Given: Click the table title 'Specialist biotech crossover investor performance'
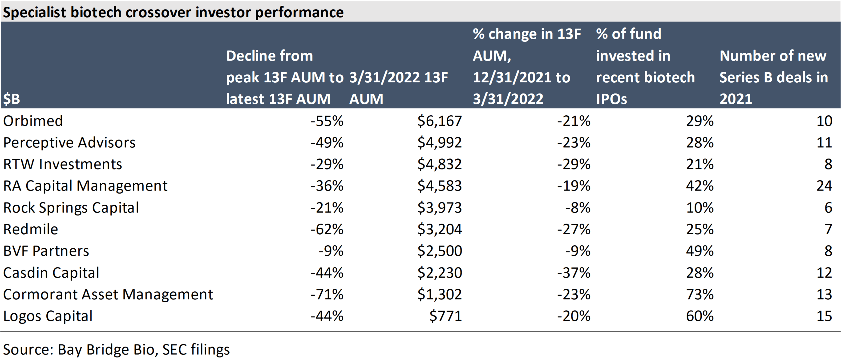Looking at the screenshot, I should click(x=173, y=12).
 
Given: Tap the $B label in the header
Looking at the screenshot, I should click(x=12, y=99).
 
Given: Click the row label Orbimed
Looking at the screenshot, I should click(x=33, y=121).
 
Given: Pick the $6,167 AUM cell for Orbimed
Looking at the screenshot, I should click(x=439, y=121).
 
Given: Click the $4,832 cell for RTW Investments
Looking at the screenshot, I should click(x=439, y=164).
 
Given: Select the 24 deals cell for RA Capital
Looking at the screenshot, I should click(x=824, y=186).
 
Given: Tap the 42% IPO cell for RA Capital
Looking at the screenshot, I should click(x=700, y=186).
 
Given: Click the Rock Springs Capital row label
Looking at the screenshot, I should click(x=71, y=208).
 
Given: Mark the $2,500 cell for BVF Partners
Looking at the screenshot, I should click(x=439, y=251).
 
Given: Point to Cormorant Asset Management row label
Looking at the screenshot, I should click(x=108, y=294).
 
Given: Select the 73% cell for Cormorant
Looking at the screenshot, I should click(x=700, y=294).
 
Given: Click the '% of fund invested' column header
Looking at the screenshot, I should click(x=645, y=66).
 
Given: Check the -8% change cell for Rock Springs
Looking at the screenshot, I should click(x=578, y=208).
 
